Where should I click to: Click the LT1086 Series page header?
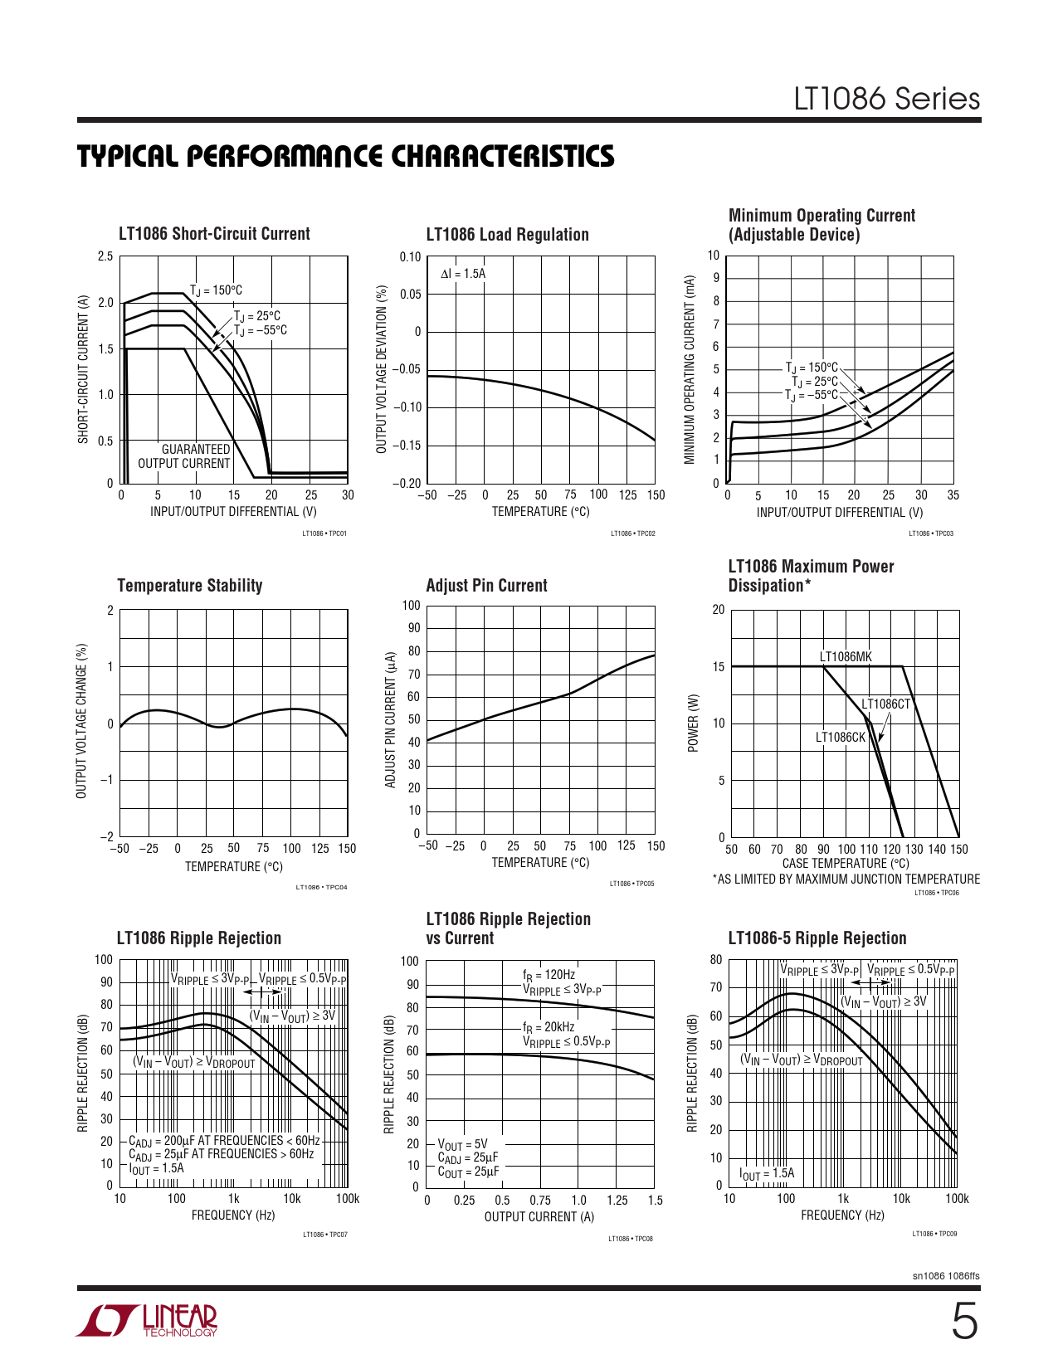886,99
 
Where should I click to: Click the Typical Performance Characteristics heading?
346,156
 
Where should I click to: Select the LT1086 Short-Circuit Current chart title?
214,234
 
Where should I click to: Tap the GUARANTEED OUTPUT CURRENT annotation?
183,456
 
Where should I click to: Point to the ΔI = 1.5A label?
463,274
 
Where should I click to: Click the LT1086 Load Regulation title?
507,235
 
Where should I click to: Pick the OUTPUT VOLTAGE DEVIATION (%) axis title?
382,369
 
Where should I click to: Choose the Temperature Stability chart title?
190,586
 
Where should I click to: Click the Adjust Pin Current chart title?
486,586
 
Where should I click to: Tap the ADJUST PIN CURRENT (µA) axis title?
390,719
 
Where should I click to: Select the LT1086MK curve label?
846,657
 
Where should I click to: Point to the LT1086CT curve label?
885,704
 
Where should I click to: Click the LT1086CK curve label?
840,737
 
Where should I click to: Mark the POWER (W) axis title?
694,723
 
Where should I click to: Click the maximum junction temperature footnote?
846,879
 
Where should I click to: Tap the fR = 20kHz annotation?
549,1027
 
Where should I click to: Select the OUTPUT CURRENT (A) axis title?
539,1216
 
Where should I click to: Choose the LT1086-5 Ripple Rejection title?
817,938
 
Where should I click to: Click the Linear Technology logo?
147,1320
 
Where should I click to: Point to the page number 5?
963,1322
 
